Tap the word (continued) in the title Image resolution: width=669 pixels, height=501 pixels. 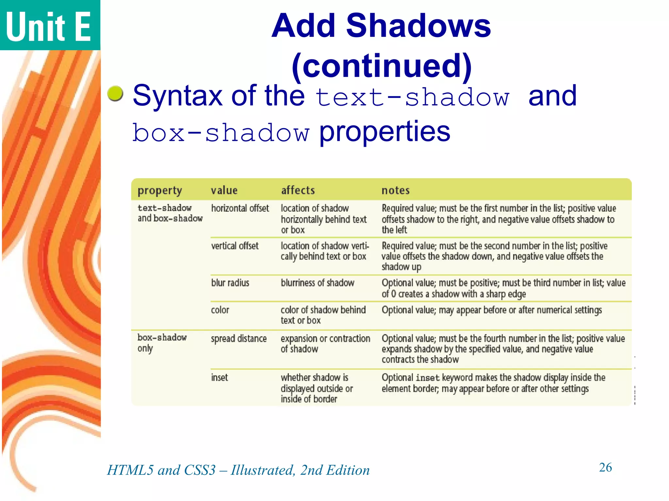[382, 66]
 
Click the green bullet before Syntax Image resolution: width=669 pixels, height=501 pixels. [115, 94]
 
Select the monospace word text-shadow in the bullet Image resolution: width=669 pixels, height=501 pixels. [413, 98]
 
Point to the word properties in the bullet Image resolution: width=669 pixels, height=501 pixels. [384, 131]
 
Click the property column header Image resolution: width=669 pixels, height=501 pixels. [160, 190]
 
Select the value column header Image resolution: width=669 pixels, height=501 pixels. [224, 190]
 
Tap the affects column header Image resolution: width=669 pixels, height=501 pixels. [298, 190]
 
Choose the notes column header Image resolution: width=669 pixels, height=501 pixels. [395, 190]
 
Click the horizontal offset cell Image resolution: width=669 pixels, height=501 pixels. [240, 208]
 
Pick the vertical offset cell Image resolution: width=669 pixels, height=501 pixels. [235, 246]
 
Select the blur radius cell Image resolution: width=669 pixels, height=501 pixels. [230, 283]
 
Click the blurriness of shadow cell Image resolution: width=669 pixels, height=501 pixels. [317, 283]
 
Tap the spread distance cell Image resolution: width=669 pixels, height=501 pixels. [238, 339]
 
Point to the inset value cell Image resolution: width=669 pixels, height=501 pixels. [219, 378]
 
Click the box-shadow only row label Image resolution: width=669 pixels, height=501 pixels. [162, 342]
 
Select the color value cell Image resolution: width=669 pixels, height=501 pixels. [220, 310]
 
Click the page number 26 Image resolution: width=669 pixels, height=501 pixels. [605, 467]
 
